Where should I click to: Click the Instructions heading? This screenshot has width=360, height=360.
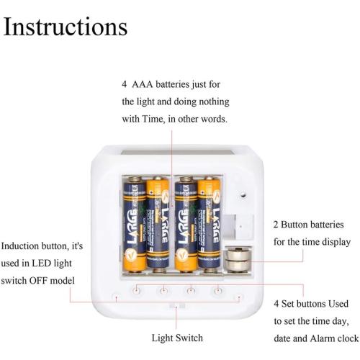click(66, 27)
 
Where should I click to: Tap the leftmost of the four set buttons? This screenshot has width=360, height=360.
click(137, 290)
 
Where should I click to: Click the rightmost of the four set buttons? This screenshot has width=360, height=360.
click(215, 290)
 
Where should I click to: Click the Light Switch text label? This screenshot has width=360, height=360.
click(177, 338)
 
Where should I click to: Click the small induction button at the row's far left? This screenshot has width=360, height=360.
click(116, 296)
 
